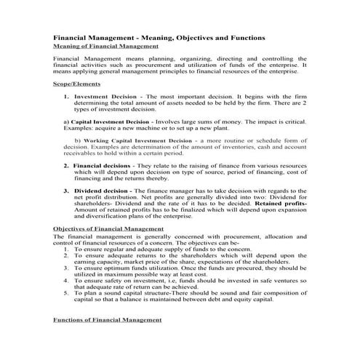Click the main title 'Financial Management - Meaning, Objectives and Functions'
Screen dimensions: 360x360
[x=159, y=37]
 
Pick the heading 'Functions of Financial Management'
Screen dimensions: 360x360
[x=108, y=320]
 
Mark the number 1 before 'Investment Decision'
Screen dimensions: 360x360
[x=65, y=96]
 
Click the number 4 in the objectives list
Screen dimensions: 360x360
[x=66, y=278]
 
